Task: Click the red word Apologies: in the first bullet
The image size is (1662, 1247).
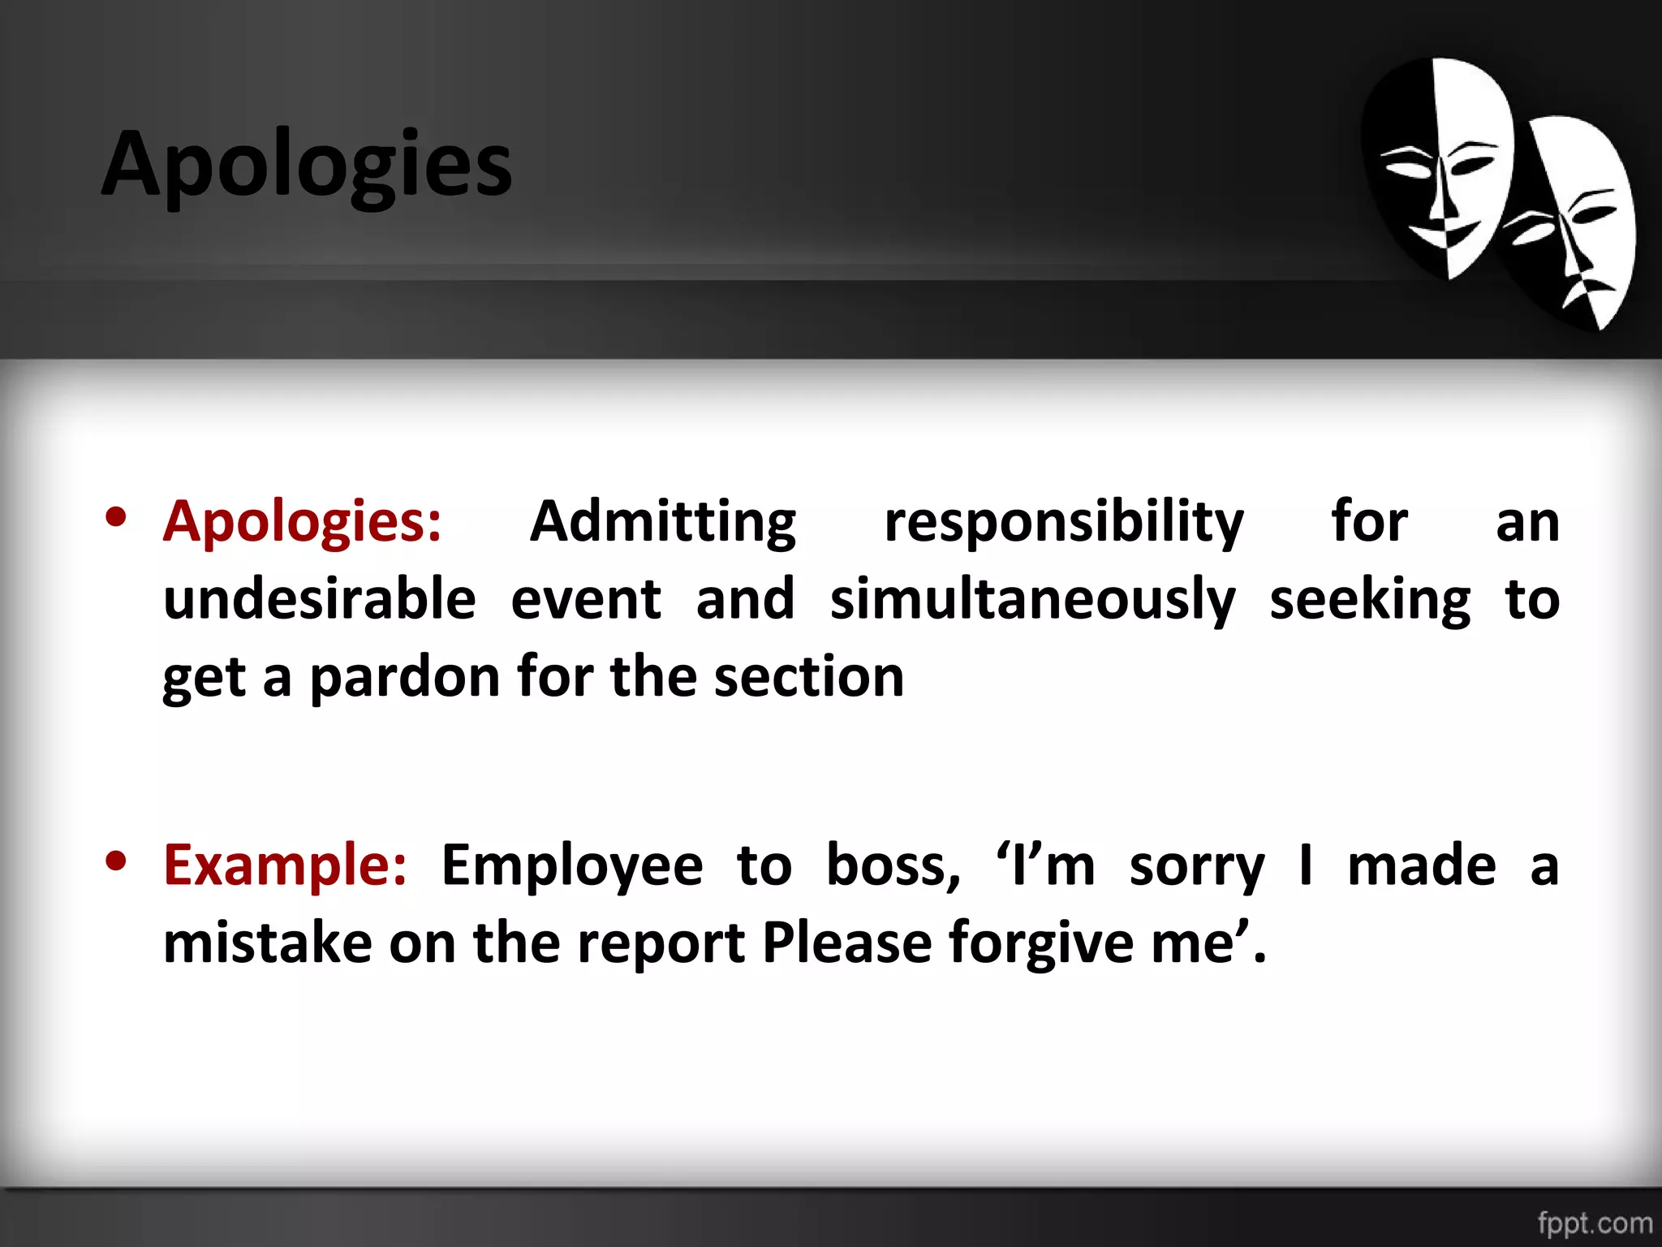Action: click(x=302, y=522)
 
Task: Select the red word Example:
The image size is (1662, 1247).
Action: click(x=285, y=865)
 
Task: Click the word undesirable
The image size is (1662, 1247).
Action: click(x=320, y=599)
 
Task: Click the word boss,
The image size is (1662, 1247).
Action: click(x=893, y=865)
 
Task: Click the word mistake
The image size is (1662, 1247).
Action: click(x=268, y=943)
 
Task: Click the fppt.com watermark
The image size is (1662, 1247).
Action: click(x=1595, y=1223)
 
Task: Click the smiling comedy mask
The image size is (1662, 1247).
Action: click(x=1436, y=166)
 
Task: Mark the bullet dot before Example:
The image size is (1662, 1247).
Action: click(x=116, y=862)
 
